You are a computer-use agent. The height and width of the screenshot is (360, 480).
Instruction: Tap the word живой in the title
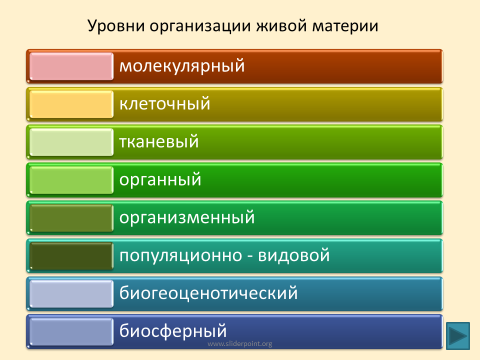click(281, 25)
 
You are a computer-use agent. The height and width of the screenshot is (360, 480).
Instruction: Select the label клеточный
click(164, 103)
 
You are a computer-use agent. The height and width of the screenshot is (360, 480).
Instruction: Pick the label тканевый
click(159, 141)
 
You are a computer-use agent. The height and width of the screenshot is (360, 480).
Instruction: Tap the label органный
click(160, 180)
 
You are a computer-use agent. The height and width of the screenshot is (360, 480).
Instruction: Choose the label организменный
click(187, 217)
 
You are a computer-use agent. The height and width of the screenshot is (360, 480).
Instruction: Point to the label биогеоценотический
click(208, 292)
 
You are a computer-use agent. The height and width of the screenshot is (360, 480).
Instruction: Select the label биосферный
click(173, 331)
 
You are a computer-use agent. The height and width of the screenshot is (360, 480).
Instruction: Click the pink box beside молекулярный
click(71, 66)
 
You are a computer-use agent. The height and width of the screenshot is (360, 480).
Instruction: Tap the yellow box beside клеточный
click(71, 104)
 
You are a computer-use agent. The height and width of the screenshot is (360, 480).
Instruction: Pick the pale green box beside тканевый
click(71, 142)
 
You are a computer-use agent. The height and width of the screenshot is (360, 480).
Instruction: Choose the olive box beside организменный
click(71, 218)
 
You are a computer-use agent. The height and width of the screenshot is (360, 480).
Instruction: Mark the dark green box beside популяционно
click(71, 256)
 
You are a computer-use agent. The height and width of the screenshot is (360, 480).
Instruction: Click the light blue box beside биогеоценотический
click(71, 294)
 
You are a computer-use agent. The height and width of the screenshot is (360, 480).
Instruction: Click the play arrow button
click(458, 336)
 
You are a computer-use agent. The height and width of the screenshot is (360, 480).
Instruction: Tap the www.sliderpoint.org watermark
click(239, 344)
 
